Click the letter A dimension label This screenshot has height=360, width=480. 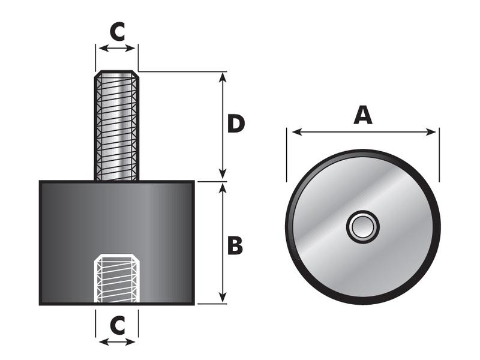pos(362,114)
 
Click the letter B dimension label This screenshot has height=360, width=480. pos(235,245)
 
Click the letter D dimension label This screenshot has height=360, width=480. pos(236,124)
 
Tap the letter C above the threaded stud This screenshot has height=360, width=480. pos(118,32)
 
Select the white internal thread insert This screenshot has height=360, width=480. pos(117,279)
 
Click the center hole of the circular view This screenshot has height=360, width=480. pos(362,227)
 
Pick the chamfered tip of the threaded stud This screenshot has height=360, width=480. pos(116,74)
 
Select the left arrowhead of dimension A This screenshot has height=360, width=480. pos(291,131)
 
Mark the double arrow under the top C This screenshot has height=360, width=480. pos(117,48)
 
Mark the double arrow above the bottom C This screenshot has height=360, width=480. pos(117,341)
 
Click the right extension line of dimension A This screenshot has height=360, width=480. pos(439,156)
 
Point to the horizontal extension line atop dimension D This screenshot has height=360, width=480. pos(180,71)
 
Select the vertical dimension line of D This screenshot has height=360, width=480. pos(223,150)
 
